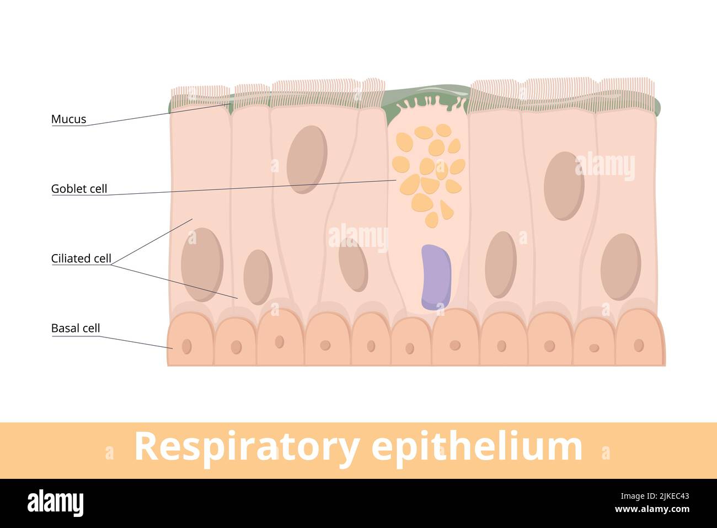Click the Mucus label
[x=68, y=119]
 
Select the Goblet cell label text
[x=79, y=188]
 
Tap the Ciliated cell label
[x=81, y=258]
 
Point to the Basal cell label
[x=76, y=328]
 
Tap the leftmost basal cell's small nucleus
[x=186, y=346]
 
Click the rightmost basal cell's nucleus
[x=639, y=345]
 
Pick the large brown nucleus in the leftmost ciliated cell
[x=202, y=265]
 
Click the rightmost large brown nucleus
[x=620, y=267]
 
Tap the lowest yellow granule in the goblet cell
[x=431, y=220]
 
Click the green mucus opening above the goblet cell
[x=427, y=99]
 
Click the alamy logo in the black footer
[x=57, y=503]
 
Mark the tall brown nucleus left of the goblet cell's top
[x=307, y=160]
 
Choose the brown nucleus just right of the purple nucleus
[x=500, y=265]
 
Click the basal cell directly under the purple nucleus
[x=455, y=338]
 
